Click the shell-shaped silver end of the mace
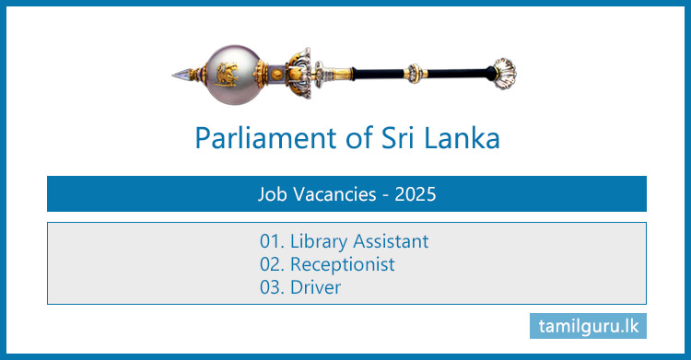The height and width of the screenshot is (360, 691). pos(504,69)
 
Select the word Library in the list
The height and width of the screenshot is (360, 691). pos(318,242)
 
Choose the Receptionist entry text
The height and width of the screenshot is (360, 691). pos(342,264)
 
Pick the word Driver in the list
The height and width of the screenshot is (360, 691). pos(315,287)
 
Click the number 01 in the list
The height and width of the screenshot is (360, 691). pos(270,242)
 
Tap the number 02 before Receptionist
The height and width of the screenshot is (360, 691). pos(270,264)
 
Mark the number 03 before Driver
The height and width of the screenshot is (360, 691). pos(270,287)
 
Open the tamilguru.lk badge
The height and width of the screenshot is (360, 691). pos(589,326)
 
